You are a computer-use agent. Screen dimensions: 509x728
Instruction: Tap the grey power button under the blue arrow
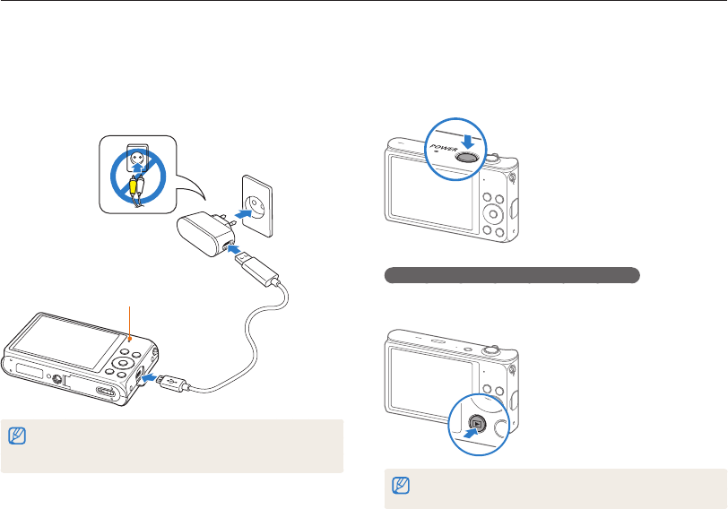point(467,155)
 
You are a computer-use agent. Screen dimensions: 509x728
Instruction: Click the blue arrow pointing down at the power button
point(467,133)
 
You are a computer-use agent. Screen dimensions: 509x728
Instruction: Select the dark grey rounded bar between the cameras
point(512,274)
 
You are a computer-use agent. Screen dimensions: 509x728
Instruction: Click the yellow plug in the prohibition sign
point(134,186)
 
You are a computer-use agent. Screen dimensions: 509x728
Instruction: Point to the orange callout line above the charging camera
point(131,323)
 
